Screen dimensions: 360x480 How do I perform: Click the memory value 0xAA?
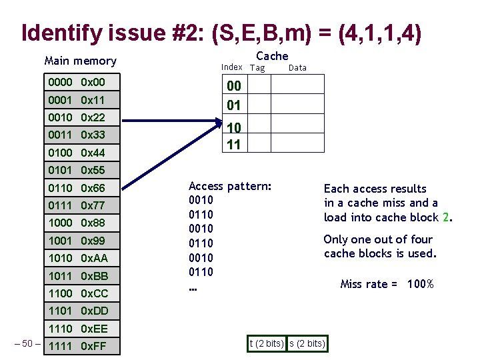tap(94, 258)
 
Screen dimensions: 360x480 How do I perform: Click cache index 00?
tap(234, 85)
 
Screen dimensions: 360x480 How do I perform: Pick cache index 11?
tap(234, 143)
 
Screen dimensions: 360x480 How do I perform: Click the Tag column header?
tap(257, 67)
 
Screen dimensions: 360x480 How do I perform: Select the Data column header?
tap(297, 67)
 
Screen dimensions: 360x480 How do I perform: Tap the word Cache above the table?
tap(272, 56)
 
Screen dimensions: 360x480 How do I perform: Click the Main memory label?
tap(80, 61)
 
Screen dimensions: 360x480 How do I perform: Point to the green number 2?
tap(445, 217)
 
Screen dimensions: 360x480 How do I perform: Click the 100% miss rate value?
tap(421, 284)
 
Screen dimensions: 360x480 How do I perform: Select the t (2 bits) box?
tap(266, 343)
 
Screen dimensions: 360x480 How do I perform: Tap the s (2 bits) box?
tap(307, 343)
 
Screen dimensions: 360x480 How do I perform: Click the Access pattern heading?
tap(230, 186)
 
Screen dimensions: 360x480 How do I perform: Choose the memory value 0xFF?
tap(93, 346)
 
